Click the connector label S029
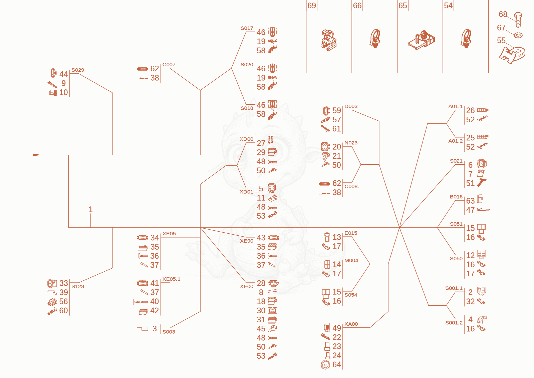[78, 70]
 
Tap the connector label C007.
[170, 65]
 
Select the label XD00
[247, 139]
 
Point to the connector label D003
[351, 106]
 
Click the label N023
[351, 143]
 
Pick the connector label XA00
[351, 324]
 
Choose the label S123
[78, 286]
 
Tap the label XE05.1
[172, 279]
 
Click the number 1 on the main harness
[90, 209]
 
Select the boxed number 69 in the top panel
[312, 5]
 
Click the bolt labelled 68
[518, 20]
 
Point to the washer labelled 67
[518, 35]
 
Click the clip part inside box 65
[421, 40]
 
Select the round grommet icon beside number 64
[325, 365]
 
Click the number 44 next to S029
[64, 74]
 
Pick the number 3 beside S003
[155, 329]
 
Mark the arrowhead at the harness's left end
[36, 155]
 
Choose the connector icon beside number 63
[480, 199]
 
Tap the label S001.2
[454, 323]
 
